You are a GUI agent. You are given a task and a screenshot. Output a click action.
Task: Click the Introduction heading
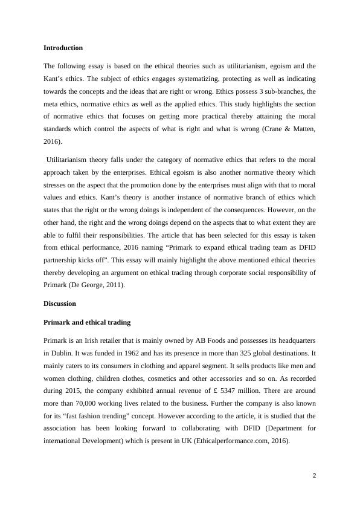63,48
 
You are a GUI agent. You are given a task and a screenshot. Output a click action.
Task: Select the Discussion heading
60,303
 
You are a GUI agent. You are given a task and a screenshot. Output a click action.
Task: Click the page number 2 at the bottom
314,476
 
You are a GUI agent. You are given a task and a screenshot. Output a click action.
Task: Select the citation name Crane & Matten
288,129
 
